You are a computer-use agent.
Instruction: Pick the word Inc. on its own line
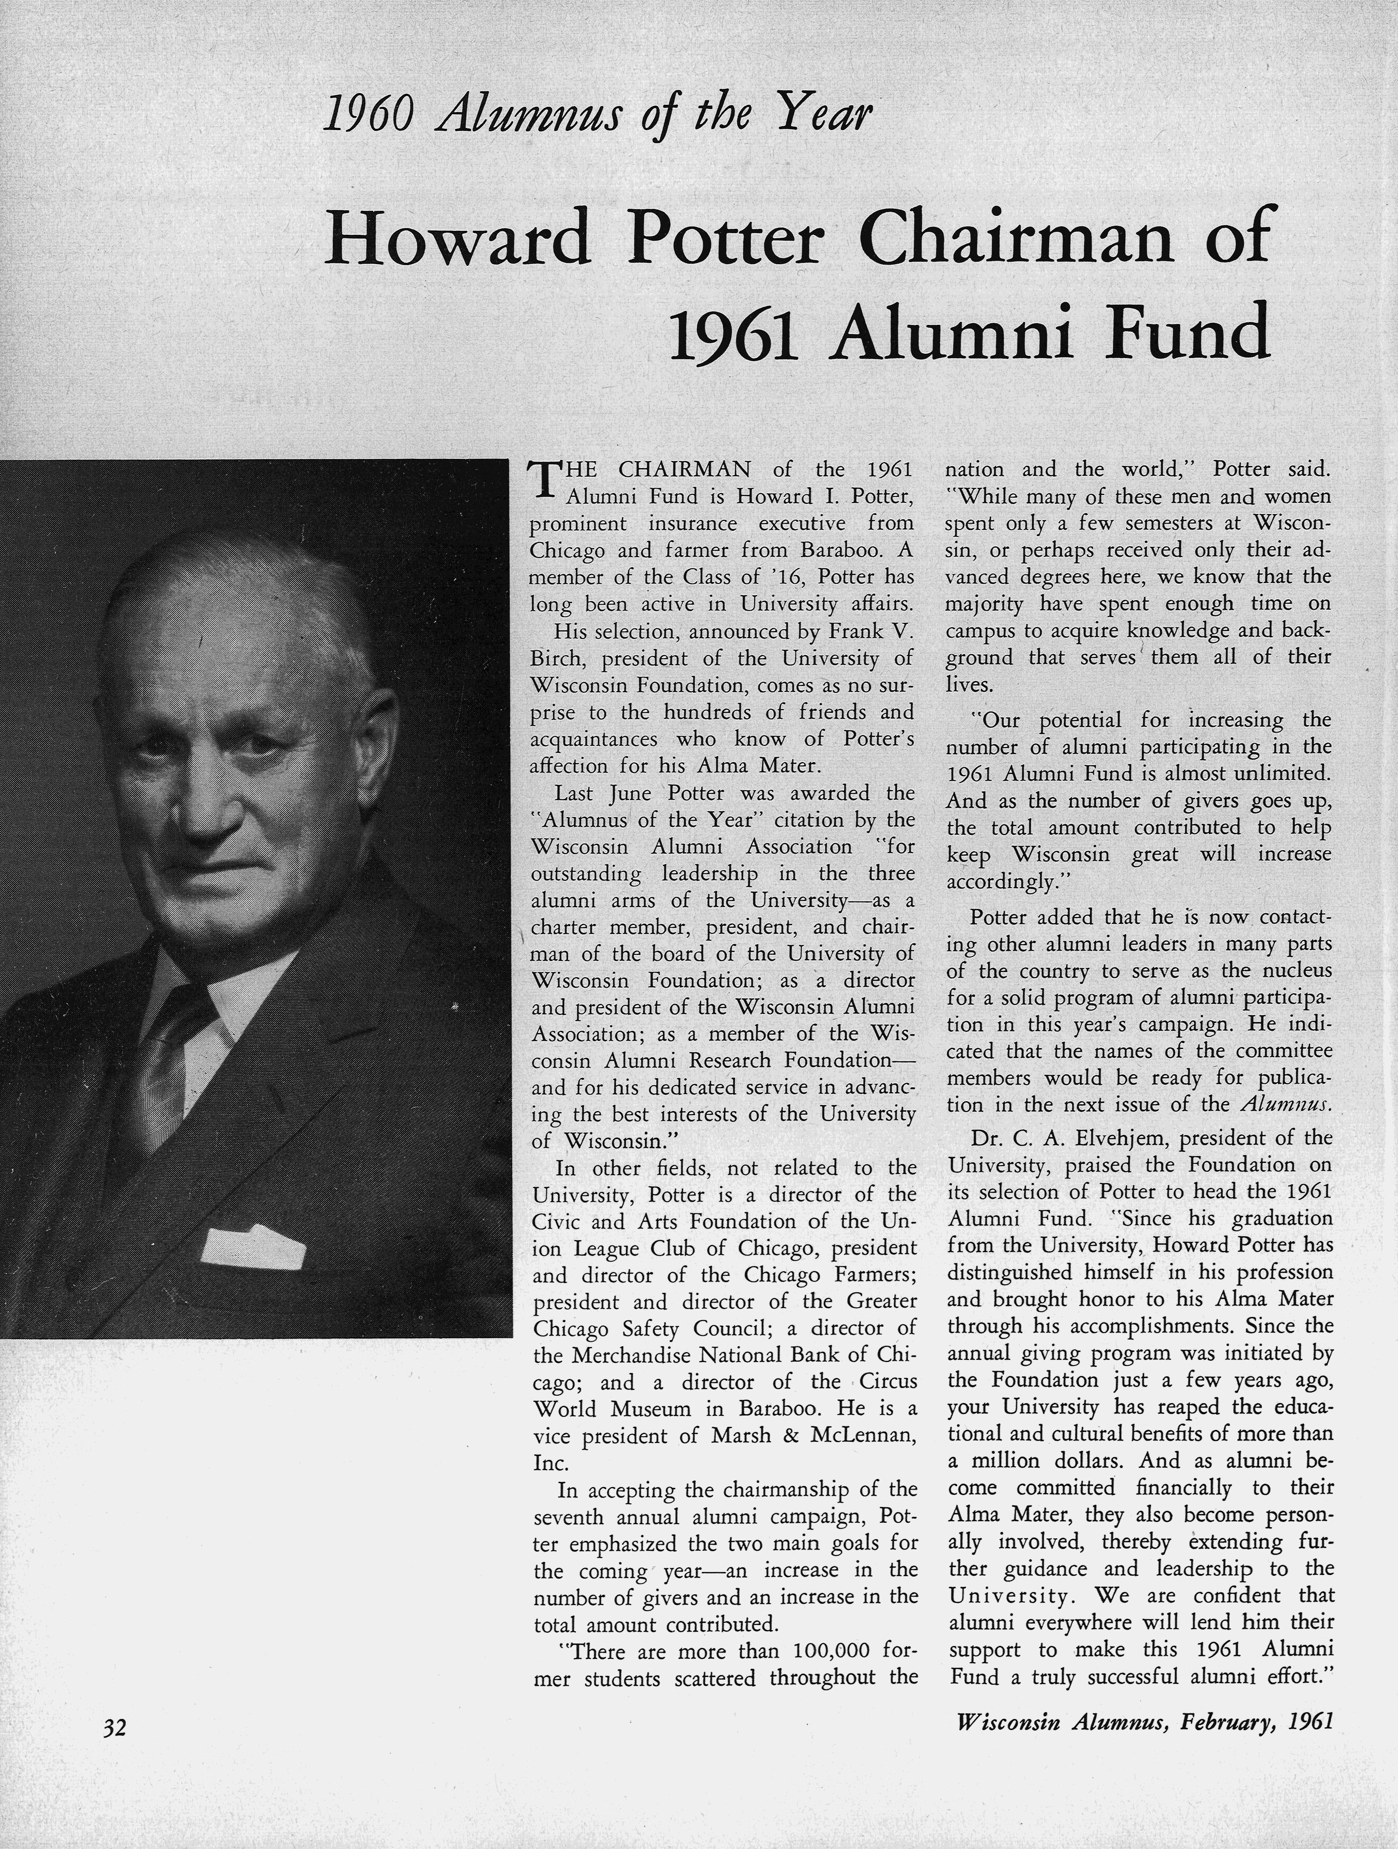tap(551, 1463)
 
